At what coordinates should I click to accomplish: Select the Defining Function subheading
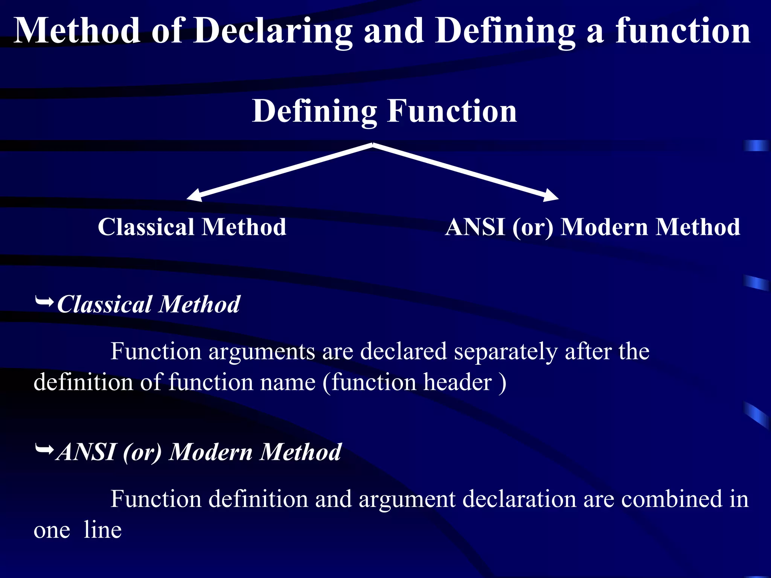click(384, 111)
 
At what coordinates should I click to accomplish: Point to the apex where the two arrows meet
click(373, 145)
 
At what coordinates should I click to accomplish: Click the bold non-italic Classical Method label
click(192, 227)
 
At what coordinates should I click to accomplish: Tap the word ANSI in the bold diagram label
click(475, 227)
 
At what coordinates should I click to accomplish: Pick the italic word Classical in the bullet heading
click(104, 304)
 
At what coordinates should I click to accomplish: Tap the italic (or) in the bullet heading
click(142, 452)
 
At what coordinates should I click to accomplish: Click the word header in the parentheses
click(457, 382)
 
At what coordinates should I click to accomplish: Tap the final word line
click(102, 530)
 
